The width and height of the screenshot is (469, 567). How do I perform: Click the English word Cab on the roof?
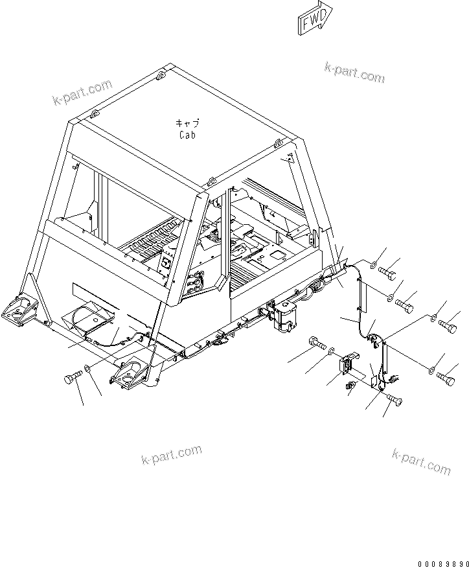[187, 135]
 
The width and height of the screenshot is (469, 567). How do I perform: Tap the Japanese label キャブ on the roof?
[187, 123]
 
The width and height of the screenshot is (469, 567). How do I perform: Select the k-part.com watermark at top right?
[354, 73]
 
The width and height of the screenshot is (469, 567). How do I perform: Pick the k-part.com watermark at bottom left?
[171, 455]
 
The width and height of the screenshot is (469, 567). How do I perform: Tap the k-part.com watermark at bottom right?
[420, 460]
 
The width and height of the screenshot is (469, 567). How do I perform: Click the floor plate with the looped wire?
[91, 319]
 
